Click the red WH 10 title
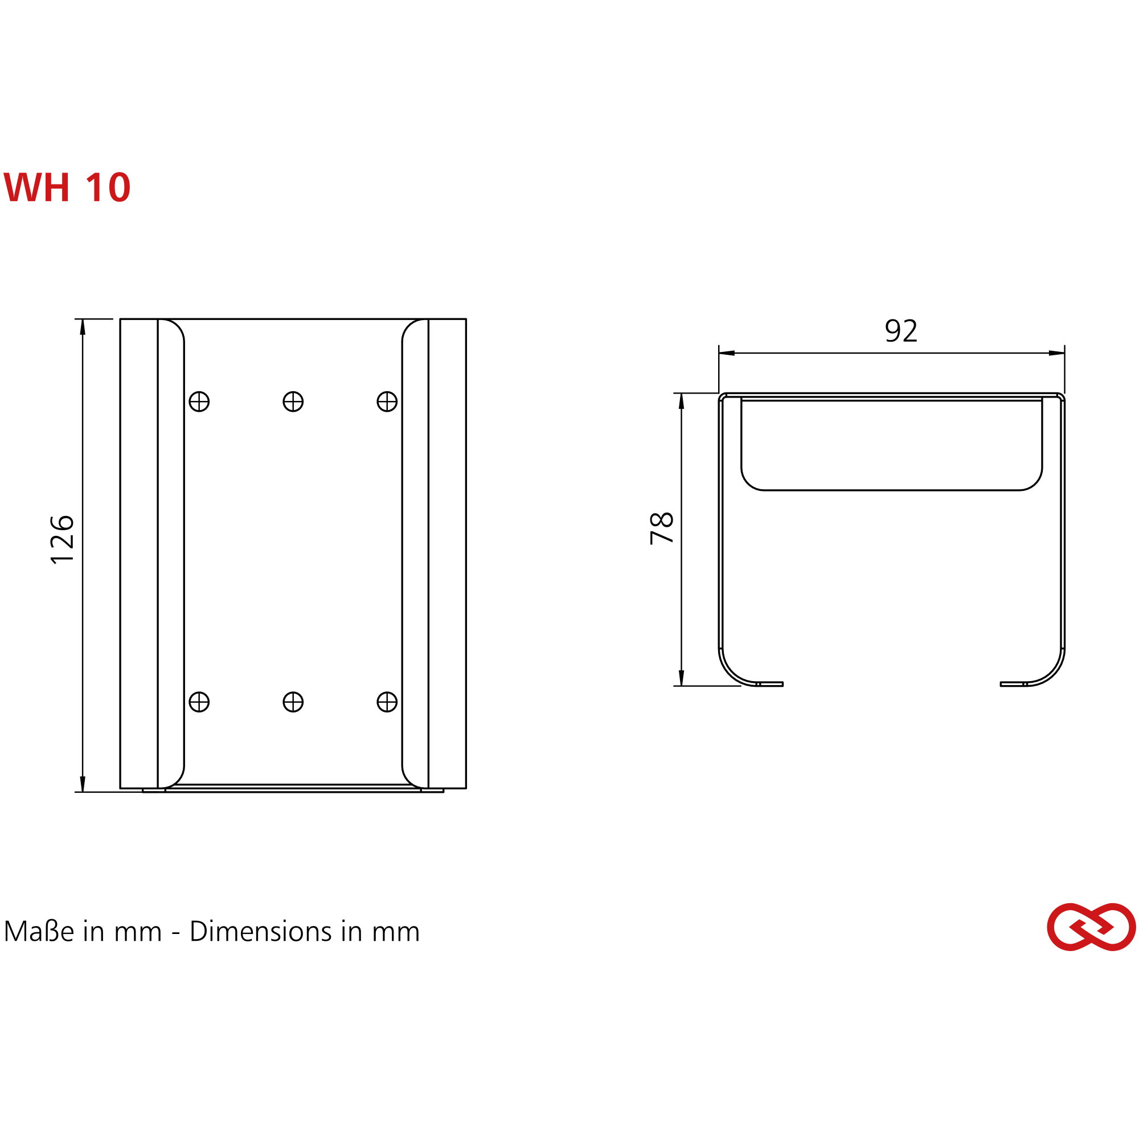67,187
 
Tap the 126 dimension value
63,539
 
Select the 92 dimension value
902,331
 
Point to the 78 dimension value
661,528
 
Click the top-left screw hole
199,401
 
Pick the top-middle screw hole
293,401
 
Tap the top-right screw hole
387,401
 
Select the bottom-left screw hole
199,702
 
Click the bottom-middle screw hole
293,702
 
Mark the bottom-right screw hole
387,702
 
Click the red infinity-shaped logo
1091,927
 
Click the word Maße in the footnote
39,932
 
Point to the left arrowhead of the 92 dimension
727,353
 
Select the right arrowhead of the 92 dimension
1056,353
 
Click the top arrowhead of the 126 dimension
83,327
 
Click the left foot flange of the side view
769,684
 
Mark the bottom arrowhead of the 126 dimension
83,784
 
